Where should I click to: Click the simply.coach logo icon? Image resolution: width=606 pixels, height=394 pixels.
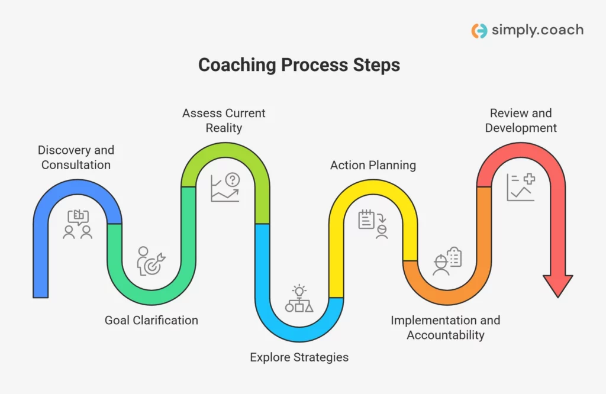[479, 31]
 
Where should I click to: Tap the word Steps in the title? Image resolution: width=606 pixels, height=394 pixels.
[379, 65]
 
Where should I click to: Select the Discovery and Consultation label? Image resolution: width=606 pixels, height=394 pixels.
[76, 157]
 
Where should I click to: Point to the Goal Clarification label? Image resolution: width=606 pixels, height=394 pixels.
[151, 320]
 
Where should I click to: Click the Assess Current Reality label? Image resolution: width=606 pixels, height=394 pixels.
[224, 120]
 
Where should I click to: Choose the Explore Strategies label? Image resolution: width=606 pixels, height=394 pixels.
[299, 357]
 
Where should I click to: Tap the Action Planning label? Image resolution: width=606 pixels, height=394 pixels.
[373, 165]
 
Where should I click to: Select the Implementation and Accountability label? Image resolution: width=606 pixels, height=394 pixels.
[445, 327]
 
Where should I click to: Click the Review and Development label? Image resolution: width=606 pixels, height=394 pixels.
[521, 120]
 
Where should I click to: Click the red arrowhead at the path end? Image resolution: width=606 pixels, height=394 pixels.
[557, 286]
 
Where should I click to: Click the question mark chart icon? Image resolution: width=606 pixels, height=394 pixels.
[225, 188]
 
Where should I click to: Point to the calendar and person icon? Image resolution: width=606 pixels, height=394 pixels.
[373, 224]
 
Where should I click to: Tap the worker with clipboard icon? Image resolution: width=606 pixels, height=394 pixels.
[447, 261]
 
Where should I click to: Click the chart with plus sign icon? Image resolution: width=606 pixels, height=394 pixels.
[521, 188]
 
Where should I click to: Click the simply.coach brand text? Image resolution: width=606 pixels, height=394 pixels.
[537, 30]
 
